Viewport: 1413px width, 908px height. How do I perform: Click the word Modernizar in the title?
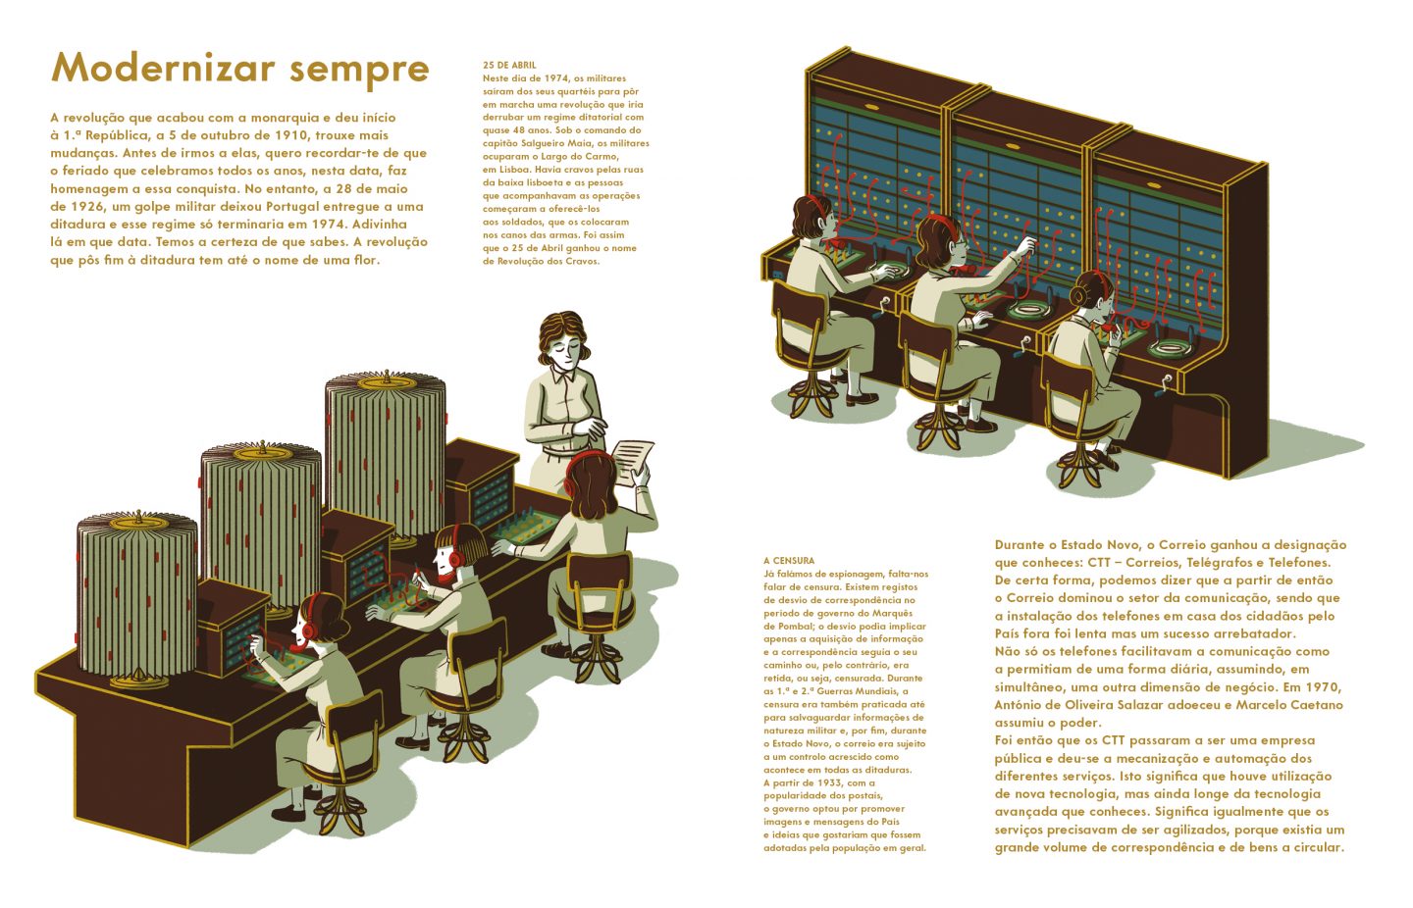pyautogui.click(x=163, y=67)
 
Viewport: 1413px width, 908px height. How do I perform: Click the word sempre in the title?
pyautogui.click(x=359, y=71)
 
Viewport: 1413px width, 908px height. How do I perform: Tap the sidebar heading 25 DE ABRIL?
pyautogui.click(x=509, y=65)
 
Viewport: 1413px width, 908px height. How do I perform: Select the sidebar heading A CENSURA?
pyautogui.click(x=789, y=561)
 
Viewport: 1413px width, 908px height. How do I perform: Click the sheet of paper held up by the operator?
pyautogui.click(x=633, y=462)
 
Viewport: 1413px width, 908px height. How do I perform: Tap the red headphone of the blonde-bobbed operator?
pyautogui.click(x=456, y=556)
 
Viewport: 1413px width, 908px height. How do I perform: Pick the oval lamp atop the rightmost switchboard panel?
pyautogui.click(x=1154, y=185)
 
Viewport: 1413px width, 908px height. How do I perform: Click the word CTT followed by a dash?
pyautogui.click(x=1104, y=563)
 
